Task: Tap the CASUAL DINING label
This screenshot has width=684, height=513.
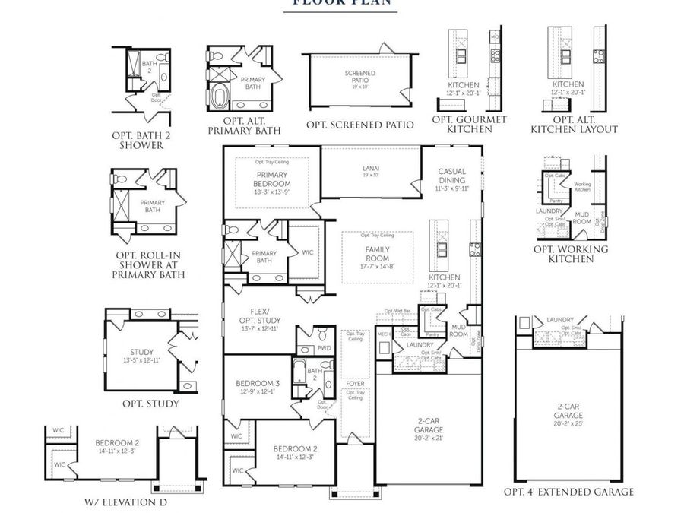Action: point(451,176)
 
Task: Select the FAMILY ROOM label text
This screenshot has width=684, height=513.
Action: point(377,254)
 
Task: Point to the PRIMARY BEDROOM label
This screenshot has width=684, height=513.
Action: point(271,179)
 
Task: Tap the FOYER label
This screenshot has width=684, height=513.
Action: point(355,384)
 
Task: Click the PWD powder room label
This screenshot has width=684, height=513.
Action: point(324,348)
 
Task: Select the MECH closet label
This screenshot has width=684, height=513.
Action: point(384,334)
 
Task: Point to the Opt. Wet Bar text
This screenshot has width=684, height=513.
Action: point(397,311)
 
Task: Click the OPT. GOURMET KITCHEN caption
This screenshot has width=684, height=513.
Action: point(469,125)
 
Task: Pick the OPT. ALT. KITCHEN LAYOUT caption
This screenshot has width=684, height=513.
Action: point(574,125)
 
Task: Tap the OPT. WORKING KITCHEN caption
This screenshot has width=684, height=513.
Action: point(571,254)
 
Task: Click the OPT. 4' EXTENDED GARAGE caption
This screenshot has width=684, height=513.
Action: point(569,492)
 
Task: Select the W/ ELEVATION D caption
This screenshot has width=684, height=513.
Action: point(125,502)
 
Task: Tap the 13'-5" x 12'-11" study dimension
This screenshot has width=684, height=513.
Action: point(142,360)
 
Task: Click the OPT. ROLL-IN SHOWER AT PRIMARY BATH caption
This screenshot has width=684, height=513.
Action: point(148,264)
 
